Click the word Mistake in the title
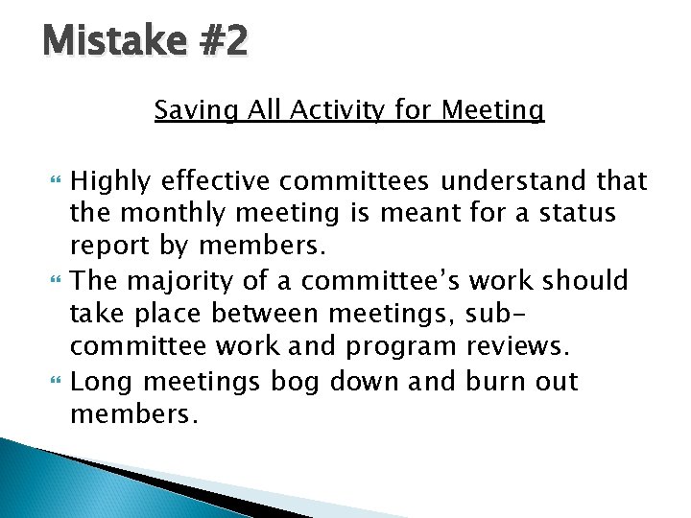point(101,41)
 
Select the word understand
point(519,181)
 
